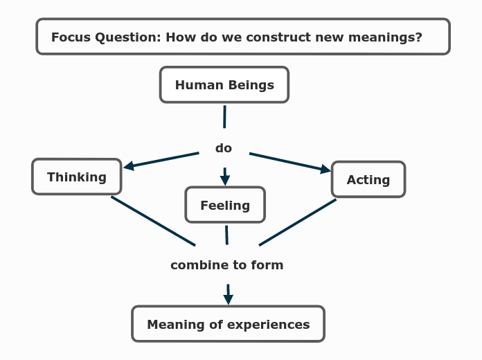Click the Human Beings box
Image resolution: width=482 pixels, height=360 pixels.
pyautogui.click(x=224, y=85)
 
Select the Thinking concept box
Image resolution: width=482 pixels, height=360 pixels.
pyautogui.click(x=77, y=177)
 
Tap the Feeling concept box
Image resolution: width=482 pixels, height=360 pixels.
pyautogui.click(x=225, y=205)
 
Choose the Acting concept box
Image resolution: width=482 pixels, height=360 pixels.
pyautogui.click(x=368, y=180)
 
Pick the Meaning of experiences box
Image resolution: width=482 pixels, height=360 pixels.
pyautogui.click(x=228, y=324)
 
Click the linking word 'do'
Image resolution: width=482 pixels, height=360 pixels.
pyautogui.click(x=224, y=148)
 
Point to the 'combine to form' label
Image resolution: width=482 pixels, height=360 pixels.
pyautogui.click(x=226, y=265)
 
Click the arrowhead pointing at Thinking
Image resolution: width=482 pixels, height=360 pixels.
pyautogui.click(x=129, y=165)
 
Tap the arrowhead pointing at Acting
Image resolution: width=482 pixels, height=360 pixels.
pyautogui.click(x=325, y=169)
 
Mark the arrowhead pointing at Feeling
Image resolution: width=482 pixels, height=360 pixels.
pyautogui.click(x=224, y=180)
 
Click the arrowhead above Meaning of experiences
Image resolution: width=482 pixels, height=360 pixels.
pyautogui.click(x=228, y=299)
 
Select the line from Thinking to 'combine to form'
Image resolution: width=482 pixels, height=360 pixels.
pyautogui.click(x=153, y=221)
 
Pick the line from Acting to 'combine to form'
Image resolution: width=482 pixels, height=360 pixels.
pyautogui.click(x=298, y=222)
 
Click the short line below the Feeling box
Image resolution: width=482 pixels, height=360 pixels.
pyautogui.click(x=226, y=235)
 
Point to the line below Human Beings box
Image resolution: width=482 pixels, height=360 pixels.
pyautogui.click(x=224, y=116)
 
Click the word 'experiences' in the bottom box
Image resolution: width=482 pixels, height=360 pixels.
pyautogui.click(x=271, y=325)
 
